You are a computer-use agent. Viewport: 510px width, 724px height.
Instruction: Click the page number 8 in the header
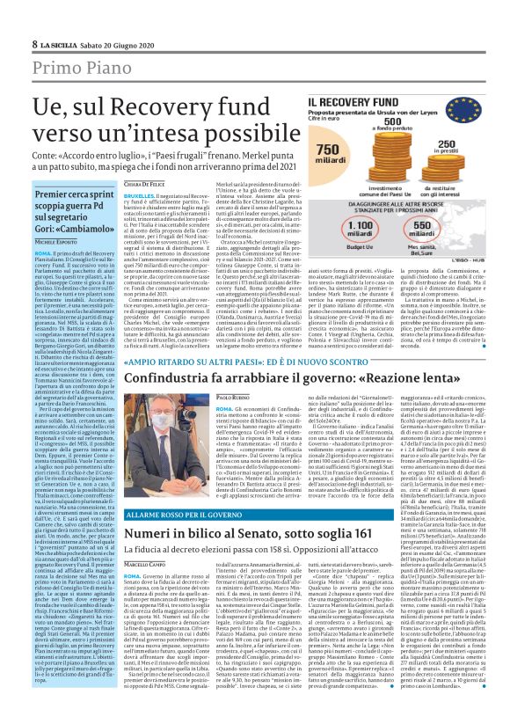point(34,43)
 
